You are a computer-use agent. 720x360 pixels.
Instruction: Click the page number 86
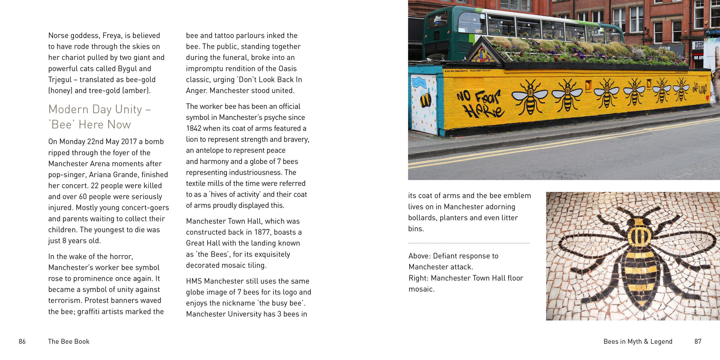[22, 342]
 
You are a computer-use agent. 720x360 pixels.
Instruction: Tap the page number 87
[698, 342]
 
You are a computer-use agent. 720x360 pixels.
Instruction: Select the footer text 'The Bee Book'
[68, 342]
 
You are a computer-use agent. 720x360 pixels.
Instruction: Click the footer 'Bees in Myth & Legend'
[637, 342]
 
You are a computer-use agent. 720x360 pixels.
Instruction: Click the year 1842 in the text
[194, 128]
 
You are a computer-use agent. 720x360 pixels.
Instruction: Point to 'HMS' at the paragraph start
[194, 281]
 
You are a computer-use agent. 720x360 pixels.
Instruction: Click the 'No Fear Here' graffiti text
[480, 104]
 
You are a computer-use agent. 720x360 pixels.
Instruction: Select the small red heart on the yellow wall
[707, 98]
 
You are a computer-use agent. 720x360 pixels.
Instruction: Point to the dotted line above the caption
[469, 243]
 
